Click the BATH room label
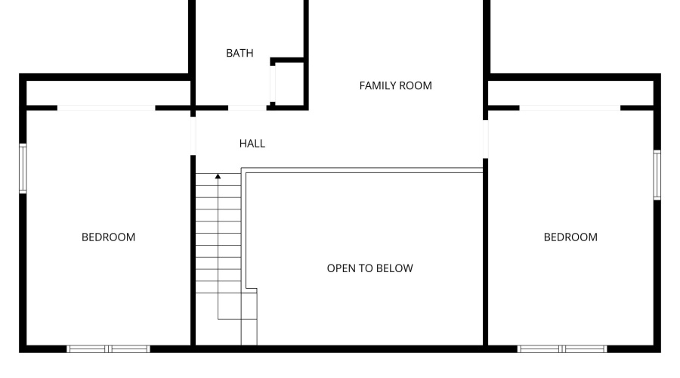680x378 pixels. tap(240, 53)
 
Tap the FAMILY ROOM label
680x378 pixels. tap(395, 85)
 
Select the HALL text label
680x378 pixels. tap(252, 143)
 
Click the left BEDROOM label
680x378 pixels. tap(108, 237)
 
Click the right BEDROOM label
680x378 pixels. tap(570, 237)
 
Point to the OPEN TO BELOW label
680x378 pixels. tap(369, 268)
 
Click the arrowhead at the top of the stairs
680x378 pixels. tap(218, 176)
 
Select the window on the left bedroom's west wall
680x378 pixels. tap(23, 169)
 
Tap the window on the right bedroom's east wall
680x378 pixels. tap(657, 175)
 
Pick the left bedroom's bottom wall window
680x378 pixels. tap(109, 349)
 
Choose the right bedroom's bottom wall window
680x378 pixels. tap(562, 349)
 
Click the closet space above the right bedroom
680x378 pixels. tap(570, 92)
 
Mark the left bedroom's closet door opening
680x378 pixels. tap(107, 108)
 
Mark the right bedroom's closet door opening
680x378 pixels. tap(570, 108)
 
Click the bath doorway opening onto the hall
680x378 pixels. tap(247, 108)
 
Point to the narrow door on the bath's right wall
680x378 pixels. tap(274, 84)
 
